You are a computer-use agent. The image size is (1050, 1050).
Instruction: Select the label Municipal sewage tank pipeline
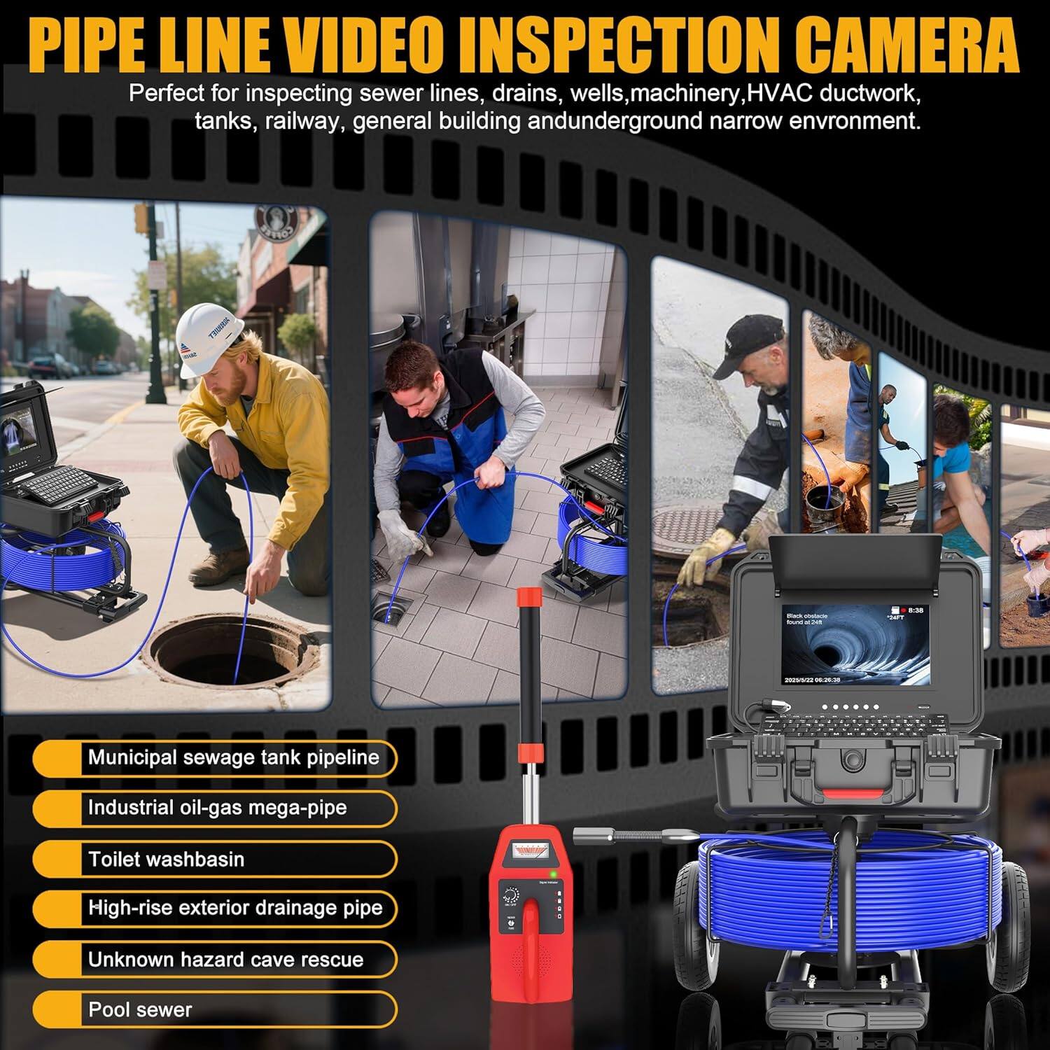[233, 757]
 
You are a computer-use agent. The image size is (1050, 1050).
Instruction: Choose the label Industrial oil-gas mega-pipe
[217, 808]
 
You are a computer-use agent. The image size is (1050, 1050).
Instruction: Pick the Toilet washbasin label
[166, 859]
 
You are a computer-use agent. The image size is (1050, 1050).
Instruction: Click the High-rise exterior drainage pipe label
[235, 909]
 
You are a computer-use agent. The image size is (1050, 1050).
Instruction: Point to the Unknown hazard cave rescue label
[225, 959]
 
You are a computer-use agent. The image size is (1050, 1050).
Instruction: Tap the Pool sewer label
[140, 1009]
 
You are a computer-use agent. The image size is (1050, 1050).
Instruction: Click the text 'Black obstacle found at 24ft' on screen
[806, 619]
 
